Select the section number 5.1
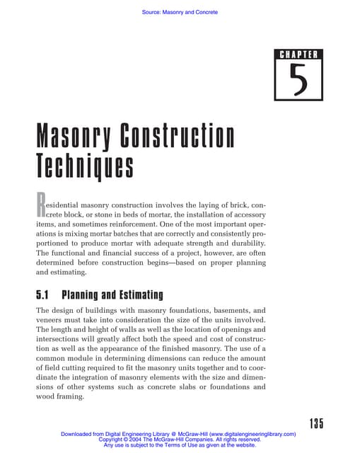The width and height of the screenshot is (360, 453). point(45,294)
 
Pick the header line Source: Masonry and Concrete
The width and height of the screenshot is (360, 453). point(180,12)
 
